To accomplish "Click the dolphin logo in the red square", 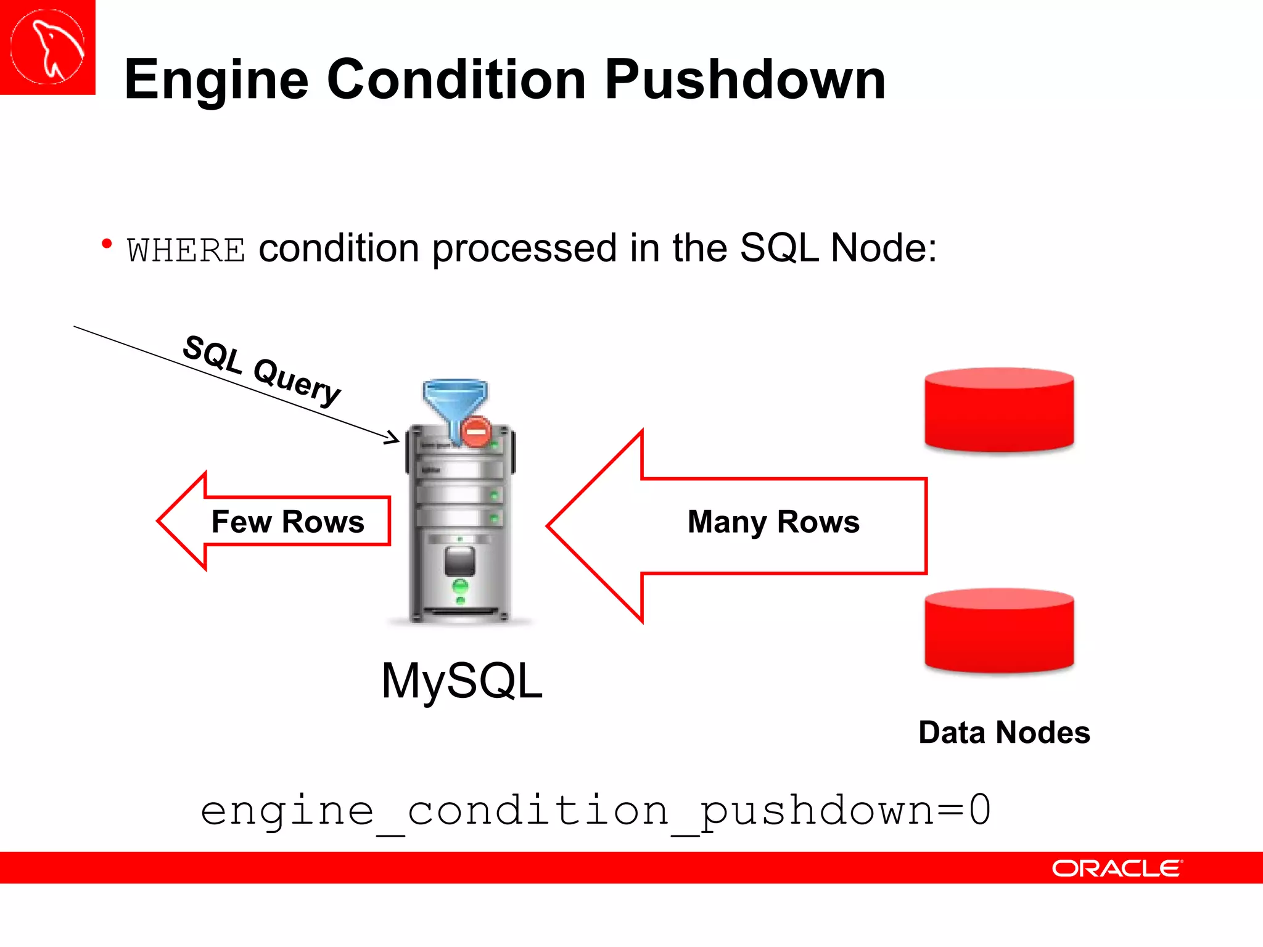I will [x=47, y=47].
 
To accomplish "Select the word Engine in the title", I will [x=216, y=80].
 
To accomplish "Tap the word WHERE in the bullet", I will [x=186, y=250].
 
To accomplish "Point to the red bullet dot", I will [x=107, y=244].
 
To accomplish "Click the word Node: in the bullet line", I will [x=883, y=248].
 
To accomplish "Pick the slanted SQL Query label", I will [x=262, y=370].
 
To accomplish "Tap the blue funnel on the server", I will [x=455, y=401].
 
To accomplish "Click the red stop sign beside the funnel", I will [x=476, y=431].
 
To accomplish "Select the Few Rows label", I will [x=287, y=522].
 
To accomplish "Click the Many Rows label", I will [x=773, y=522].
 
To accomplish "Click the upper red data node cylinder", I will [x=999, y=410].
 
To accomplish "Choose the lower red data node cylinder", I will [x=999, y=630].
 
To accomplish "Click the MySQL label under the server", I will [x=462, y=681].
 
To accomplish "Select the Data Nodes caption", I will [x=1004, y=732].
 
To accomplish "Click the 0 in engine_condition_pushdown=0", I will [x=979, y=810].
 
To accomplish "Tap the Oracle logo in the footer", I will [x=1117, y=869].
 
